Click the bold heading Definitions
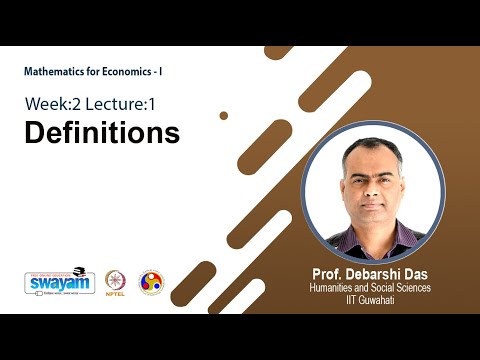pos(101,133)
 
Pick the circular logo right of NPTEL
pos(151,282)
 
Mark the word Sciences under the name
pos(425,288)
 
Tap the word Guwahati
pos(391,300)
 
